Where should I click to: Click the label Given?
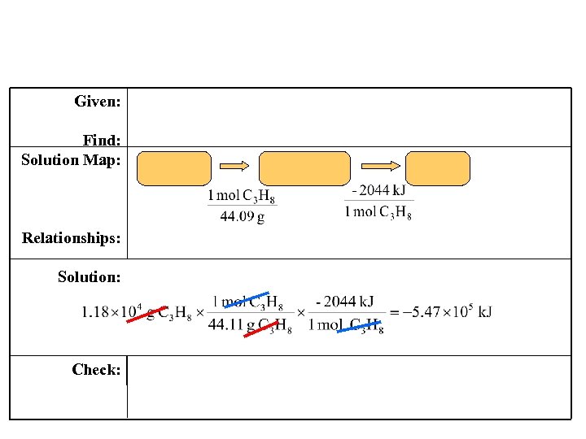click(98, 102)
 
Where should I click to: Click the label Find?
click(102, 141)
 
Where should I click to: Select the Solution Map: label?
click(71, 159)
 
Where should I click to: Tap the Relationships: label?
click(72, 238)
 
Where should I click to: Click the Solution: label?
click(90, 277)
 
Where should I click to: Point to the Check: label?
click(96, 370)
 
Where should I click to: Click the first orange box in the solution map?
click(174, 168)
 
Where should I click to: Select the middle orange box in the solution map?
click(304, 168)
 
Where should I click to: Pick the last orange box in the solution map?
click(438, 168)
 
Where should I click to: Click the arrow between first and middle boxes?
click(235, 166)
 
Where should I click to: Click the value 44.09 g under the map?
click(242, 217)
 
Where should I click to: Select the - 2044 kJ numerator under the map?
click(378, 190)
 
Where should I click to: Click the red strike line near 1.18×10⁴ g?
click(147, 314)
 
